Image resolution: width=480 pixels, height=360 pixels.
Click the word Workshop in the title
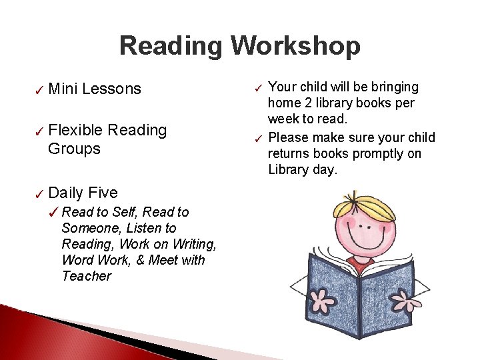295,46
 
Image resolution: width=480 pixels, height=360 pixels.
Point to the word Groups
74,149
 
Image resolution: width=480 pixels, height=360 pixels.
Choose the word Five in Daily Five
103,193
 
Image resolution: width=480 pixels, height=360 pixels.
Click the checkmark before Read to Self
53,213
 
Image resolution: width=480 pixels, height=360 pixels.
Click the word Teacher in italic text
86,276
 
